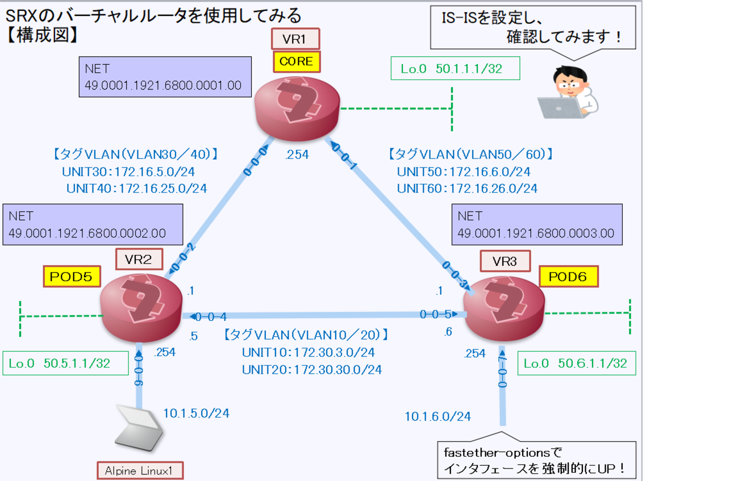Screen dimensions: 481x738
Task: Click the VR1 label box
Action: (296, 40)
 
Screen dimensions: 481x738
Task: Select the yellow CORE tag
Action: (296, 61)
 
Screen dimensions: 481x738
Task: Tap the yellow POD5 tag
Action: (72, 277)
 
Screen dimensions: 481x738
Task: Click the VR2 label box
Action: (139, 259)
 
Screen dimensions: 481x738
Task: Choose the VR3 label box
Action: (504, 261)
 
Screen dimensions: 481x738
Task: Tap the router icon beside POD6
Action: (504, 309)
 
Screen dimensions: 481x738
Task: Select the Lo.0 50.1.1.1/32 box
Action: (455, 69)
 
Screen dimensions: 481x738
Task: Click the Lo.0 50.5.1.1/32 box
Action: (65, 363)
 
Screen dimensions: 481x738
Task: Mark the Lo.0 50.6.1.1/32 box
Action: (575, 363)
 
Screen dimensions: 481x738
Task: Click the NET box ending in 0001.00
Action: (165, 77)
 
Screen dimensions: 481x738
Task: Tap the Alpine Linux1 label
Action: (139, 471)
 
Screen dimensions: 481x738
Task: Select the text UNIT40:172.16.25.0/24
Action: (136, 188)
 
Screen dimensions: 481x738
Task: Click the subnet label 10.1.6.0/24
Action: (437, 416)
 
